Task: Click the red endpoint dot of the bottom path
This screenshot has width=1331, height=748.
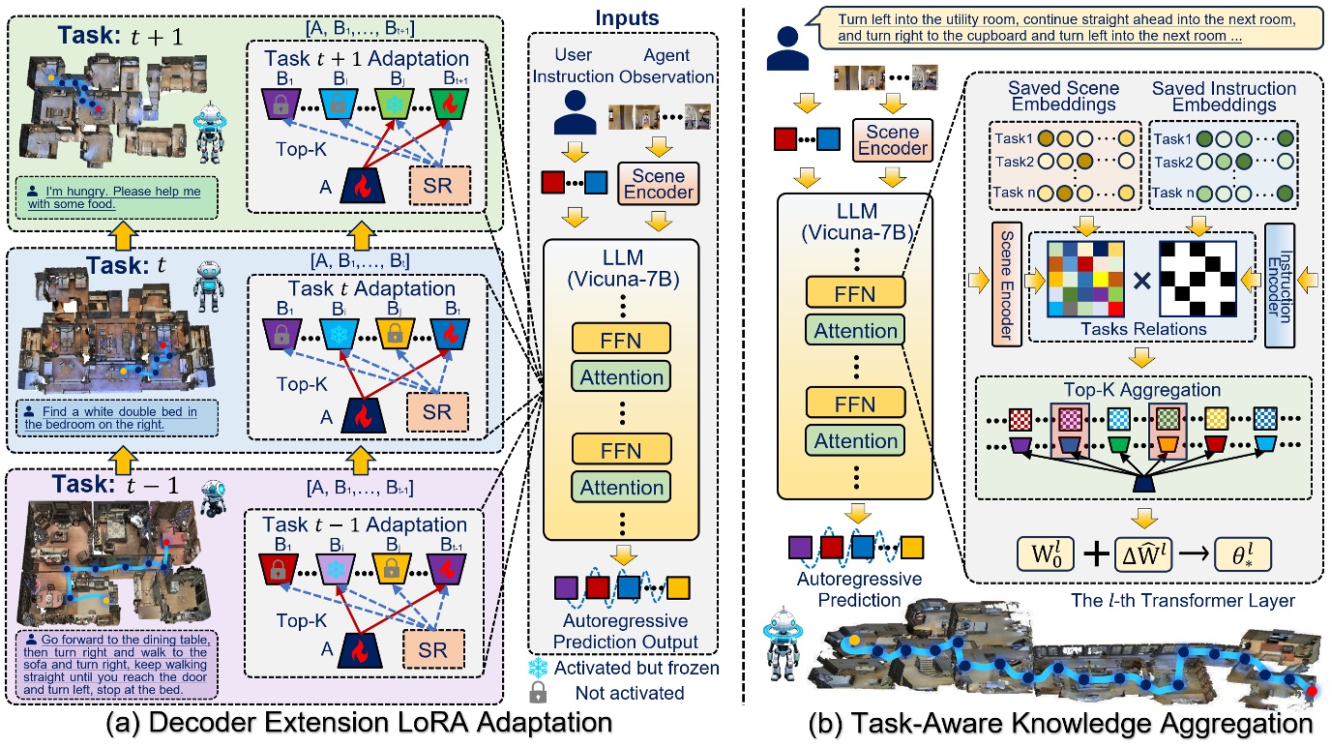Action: point(1312,691)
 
